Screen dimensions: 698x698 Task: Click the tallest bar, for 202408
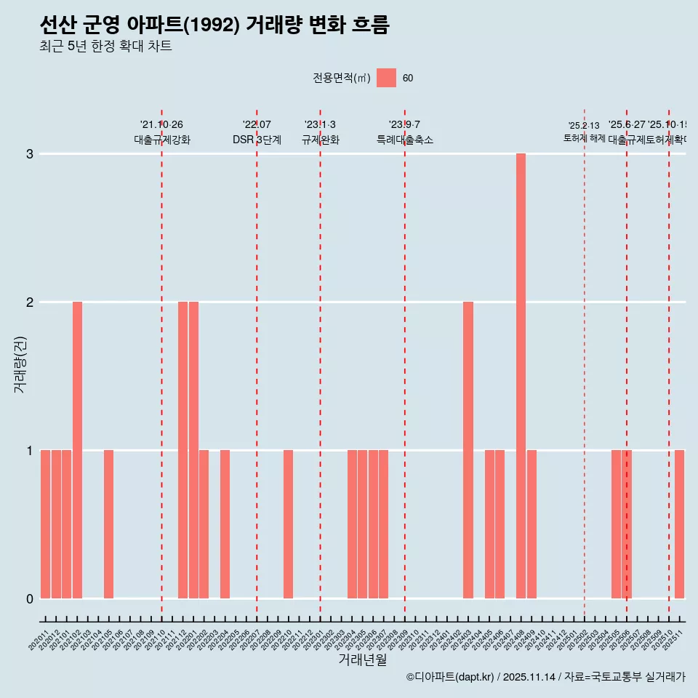pos(521,376)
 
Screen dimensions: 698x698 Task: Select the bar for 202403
pos(468,450)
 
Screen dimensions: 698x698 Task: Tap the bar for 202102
pos(77,450)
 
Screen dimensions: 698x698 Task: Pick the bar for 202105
pos(108,524)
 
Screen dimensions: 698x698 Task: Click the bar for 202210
pos(288,524)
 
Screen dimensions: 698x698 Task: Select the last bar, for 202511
pos(679,524)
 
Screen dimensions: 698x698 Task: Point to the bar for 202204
pos(225,524)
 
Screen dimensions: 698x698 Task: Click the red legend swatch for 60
pos(386,78)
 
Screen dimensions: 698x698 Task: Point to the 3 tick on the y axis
pos(30,154)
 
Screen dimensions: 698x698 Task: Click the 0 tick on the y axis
pos(30,598)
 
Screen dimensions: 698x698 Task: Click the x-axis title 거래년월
pos(362,659)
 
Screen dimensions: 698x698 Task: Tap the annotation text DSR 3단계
pos(257,140)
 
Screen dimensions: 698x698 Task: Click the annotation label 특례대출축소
pos(404,140)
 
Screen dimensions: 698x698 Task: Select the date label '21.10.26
pos(161,124)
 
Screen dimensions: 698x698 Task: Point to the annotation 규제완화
pos(320,140)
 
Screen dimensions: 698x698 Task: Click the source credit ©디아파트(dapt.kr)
pos(450,677)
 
